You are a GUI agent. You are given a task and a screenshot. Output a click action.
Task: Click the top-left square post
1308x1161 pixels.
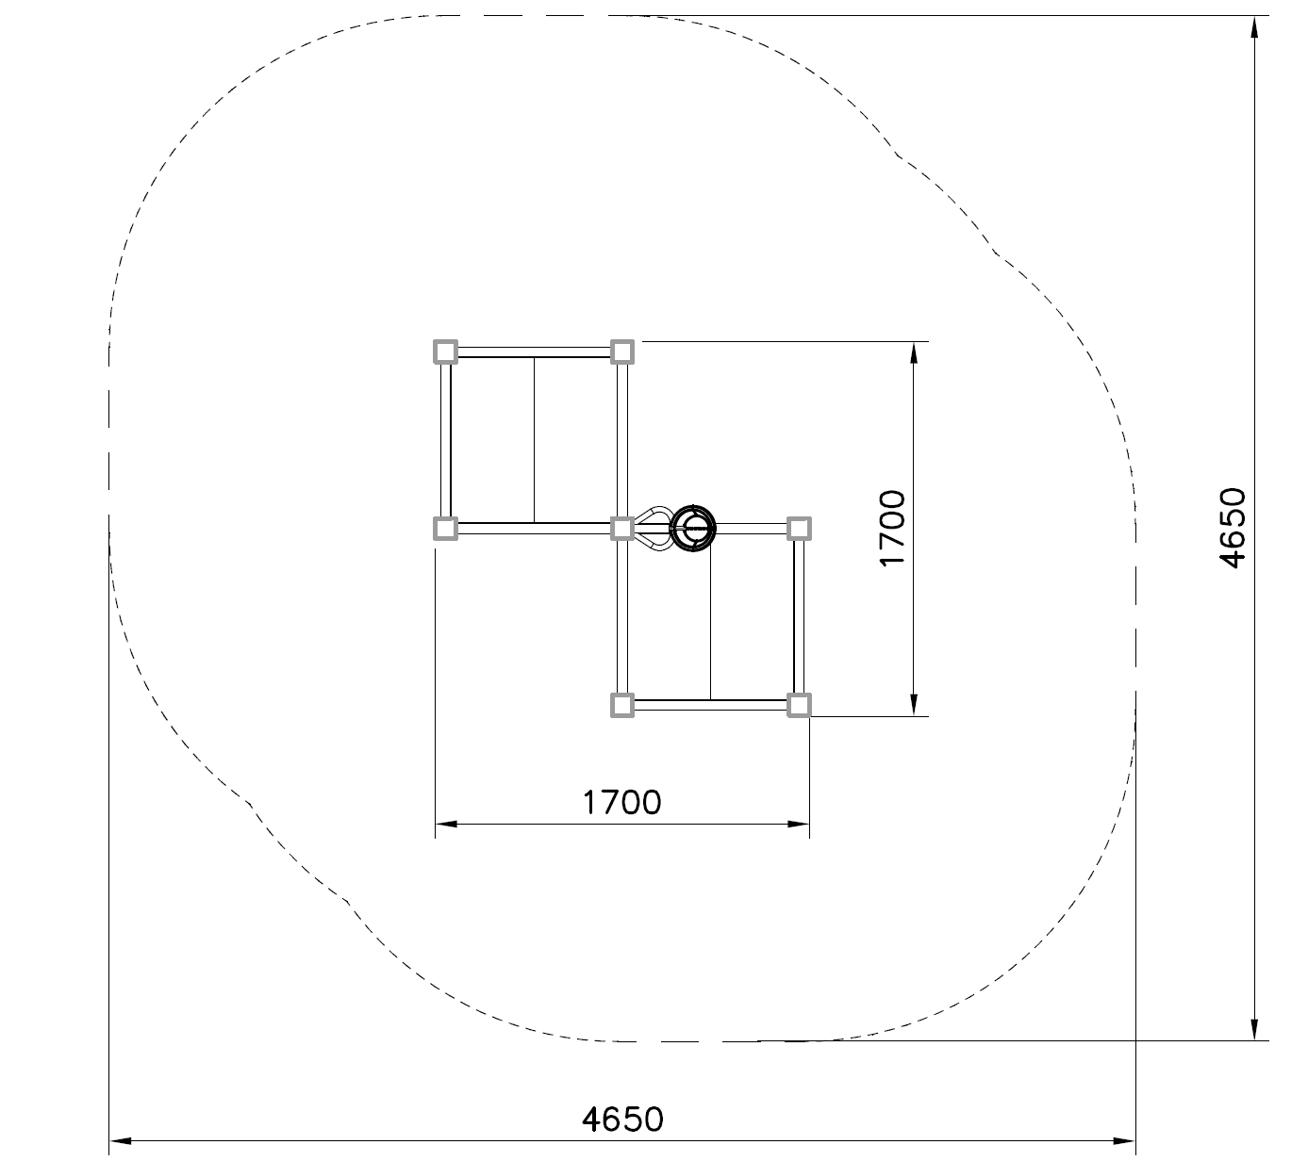(x=445, y=352)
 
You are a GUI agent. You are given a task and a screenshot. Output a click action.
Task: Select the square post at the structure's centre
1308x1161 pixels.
(x=621, y=529)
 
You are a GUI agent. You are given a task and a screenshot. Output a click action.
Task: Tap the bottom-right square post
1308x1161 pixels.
(x=799, y=705)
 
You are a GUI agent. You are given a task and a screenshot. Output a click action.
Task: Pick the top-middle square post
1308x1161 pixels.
(x=621, y=352)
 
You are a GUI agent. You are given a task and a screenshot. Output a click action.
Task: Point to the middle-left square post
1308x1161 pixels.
(x=445, y=529)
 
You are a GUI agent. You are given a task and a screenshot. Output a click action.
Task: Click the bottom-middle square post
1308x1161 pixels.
(x=621, y=705)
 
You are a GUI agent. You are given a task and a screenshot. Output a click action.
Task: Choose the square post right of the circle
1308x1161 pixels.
(x=799, y=529)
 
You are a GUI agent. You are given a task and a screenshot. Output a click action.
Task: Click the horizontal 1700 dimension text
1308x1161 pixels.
(x=621, y=803)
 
